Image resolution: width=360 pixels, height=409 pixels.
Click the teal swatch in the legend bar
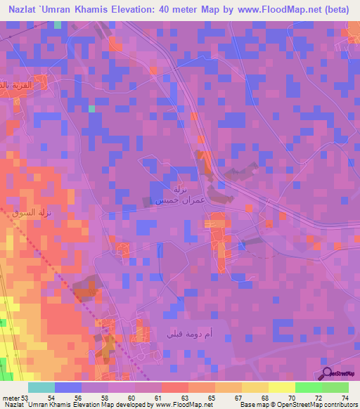click(x=41, y=387)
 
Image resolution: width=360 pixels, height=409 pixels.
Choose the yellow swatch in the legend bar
click(x=281, y=387)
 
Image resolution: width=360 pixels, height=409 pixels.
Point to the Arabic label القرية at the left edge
click(x=15, y=86)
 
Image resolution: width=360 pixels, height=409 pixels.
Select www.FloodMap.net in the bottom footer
click(x=185, y=405)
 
